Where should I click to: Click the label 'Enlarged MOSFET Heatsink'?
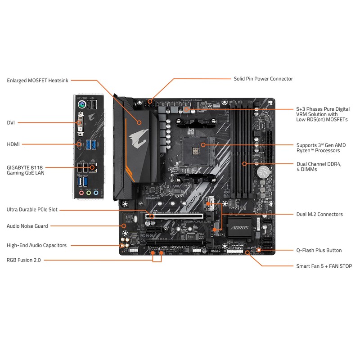click(x=37, y=81)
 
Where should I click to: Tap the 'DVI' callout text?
click(x=11, y=122)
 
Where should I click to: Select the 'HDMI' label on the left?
click(x=14, y=144)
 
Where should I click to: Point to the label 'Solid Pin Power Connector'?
click(x=263, y=79)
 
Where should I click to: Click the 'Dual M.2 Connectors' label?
click(x=319, y=214)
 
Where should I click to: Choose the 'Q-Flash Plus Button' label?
click(x=319, y=250)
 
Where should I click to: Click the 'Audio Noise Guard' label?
click(x=27, y=226)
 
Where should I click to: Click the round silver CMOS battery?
click(x=262, y=171)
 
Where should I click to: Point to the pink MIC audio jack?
click(x=81, y=193)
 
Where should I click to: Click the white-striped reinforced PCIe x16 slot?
click(x=178, y=216)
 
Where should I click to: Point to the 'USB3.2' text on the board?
click(x=216, y=251)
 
